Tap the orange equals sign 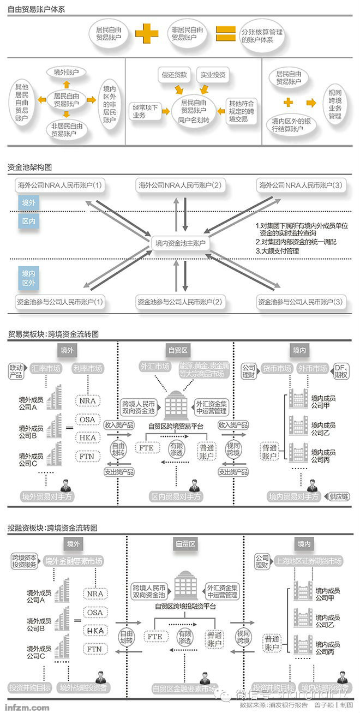click(224, 33)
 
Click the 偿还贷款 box click(174, 74)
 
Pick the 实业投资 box click(213, 74)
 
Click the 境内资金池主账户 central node click(181, 244)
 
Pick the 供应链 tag click(339, 497)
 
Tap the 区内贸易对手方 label click(176, 497)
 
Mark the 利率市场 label click(87, 369)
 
